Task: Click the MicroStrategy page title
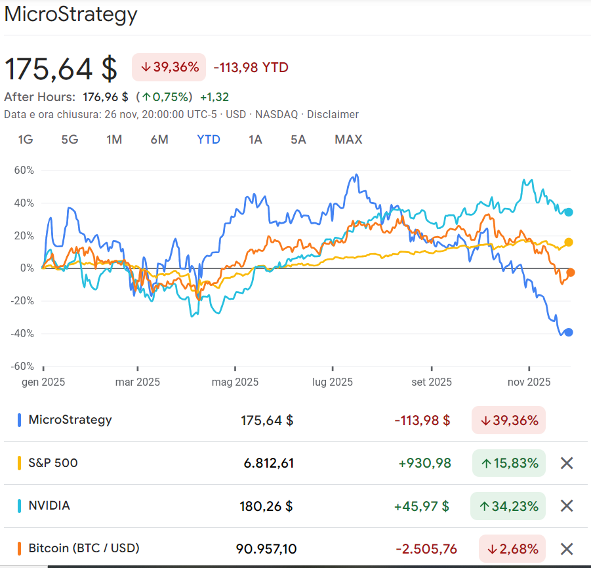tap(71, 14)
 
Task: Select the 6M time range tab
tap(159, 140)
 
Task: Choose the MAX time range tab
tap(348, 140)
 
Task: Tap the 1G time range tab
tap(26, 140)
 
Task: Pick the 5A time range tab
tap(298, 140)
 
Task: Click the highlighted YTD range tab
tap(209, 140)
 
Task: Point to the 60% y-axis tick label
tap(24, 170)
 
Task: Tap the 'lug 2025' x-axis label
tap(333, 382)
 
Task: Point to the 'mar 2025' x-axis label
tap(137, 382)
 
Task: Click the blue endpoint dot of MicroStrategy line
tap(569, 332)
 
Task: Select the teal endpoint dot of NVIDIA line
tap(569, 212)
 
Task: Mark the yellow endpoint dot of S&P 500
tap(569, 242)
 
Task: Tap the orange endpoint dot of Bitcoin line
tap(571, 272)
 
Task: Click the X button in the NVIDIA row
tap(567, 506)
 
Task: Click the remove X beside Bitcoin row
tap(567, 549)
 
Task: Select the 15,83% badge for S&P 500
tap(509, 463)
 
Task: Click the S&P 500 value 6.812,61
tap(268, 463)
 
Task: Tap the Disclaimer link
tap(333, 115)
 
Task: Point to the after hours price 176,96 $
tap(105, 97)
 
